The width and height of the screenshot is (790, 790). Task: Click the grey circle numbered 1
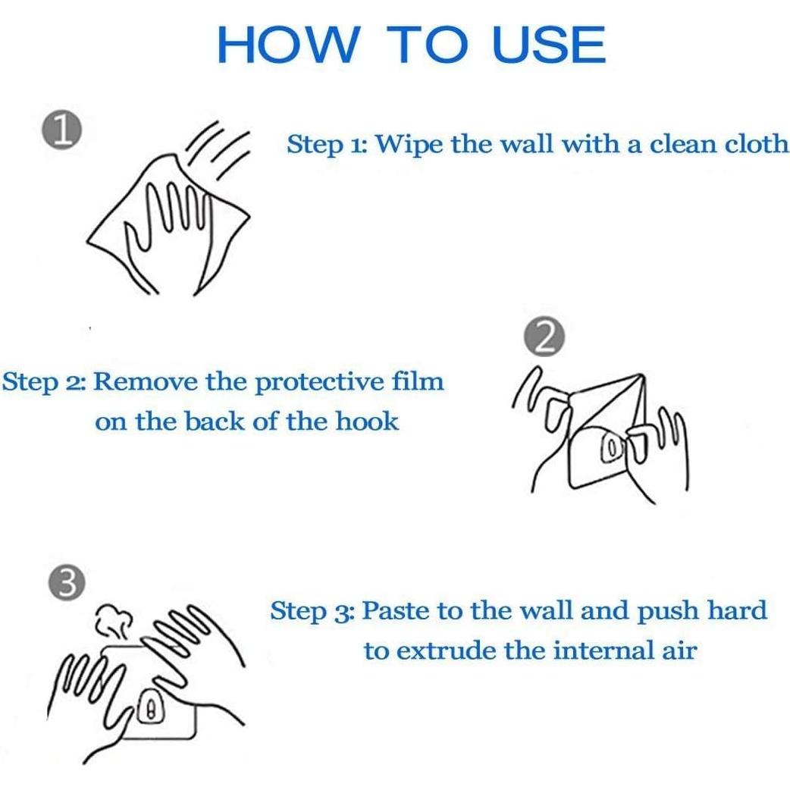[62, 130]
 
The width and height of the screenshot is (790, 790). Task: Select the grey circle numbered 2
[544, 337]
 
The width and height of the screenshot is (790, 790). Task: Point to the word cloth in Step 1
[756, 143]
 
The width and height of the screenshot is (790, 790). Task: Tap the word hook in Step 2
[367, 421]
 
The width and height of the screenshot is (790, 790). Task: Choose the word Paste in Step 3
[396, 610]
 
